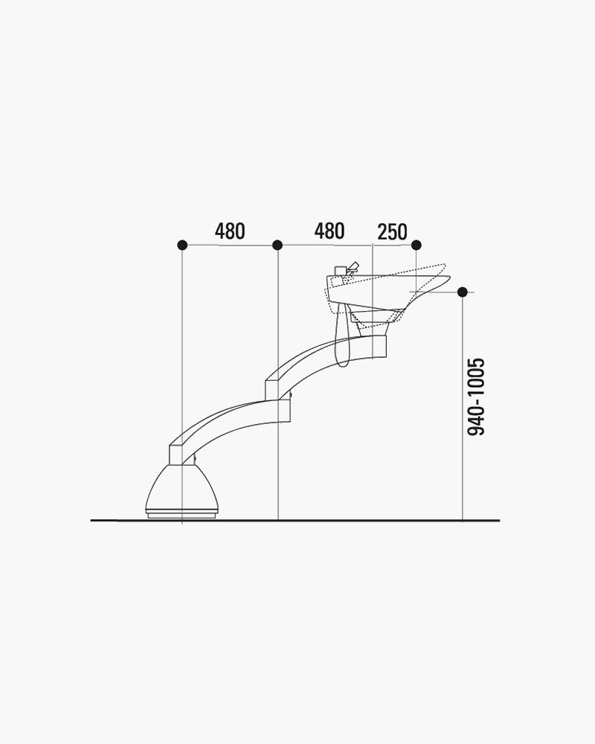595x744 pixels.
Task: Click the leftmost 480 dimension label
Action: (230, 231)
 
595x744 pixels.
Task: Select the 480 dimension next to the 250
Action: (329, 231)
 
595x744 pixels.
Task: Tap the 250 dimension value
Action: (392, 232)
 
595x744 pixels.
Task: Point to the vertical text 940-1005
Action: (477, 396)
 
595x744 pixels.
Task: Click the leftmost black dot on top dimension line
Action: (181, 245)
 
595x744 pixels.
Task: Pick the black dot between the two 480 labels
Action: (277, 245)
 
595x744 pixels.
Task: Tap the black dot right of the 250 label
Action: (416, 245)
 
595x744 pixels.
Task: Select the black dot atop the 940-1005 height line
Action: (463, 292)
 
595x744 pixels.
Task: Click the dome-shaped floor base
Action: (182, 488)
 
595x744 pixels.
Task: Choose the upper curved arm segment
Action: (320, 357)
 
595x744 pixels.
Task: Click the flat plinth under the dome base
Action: (182, 513)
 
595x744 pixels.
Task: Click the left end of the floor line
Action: (93, 520)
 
